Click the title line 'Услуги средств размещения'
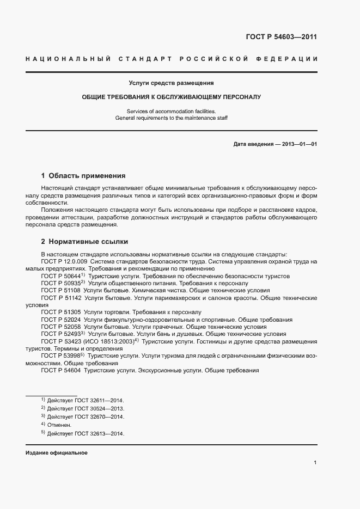pos(171,83)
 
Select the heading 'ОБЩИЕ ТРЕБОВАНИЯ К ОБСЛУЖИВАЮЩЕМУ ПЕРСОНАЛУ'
pos(171,97)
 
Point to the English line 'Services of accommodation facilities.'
pos(171,111)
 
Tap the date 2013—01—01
pos(297,144)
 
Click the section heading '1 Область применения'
pos(83,176)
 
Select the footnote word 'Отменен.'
pos(59,425)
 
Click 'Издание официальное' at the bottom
pos(57,453)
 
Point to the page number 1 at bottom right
pos(315,463)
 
